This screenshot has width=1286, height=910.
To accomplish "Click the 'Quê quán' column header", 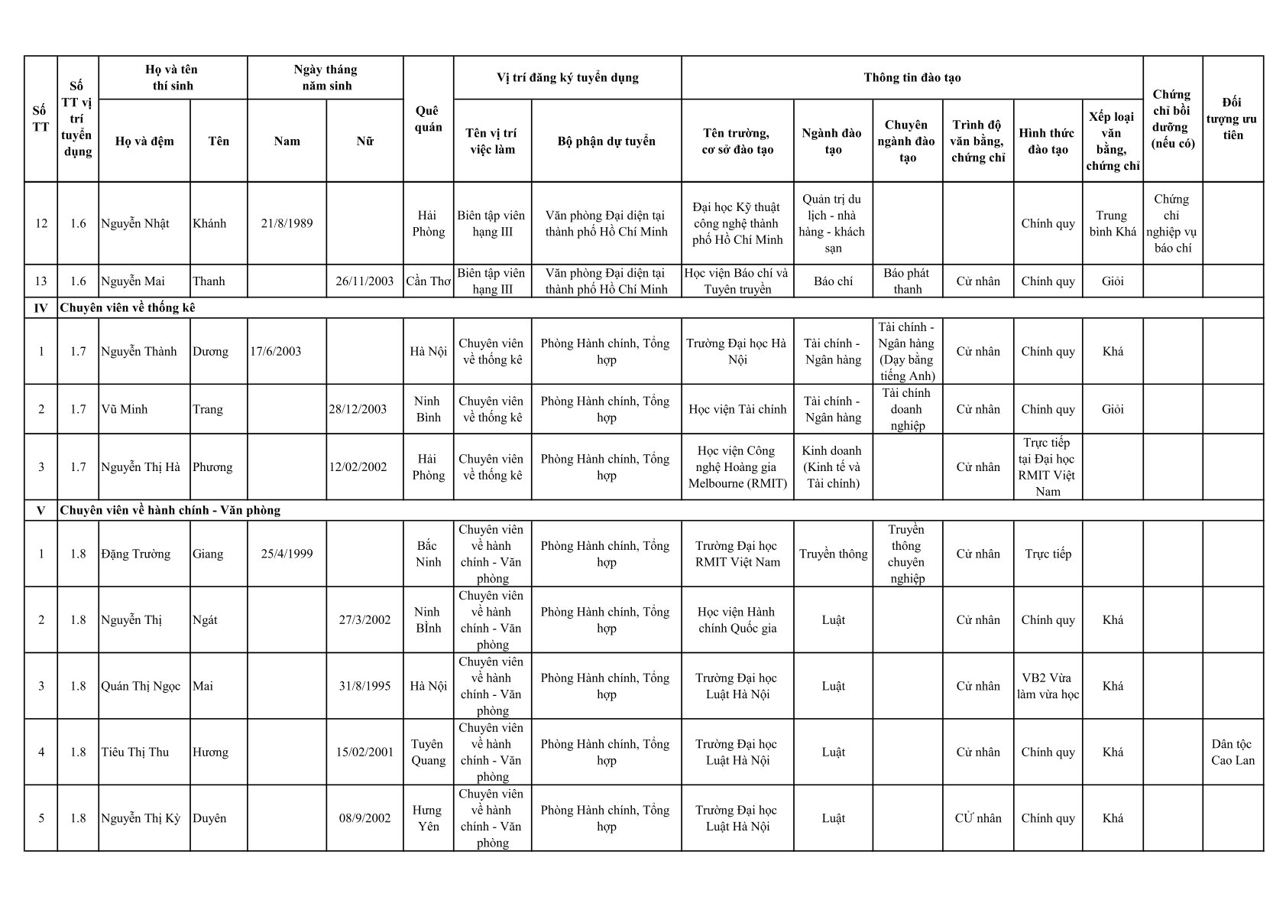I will coord(428,119).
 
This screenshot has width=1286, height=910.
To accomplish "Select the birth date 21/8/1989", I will coord(287,223).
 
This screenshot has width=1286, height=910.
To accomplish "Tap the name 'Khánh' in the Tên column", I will coord(209,223).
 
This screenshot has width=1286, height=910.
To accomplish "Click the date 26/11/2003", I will coord(364,281).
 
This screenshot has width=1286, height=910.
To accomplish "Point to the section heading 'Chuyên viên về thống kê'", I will coord(128,308).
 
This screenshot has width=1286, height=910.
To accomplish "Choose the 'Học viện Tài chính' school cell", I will coord(737,409).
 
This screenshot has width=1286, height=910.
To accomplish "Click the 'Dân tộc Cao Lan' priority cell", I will coord(1233,752).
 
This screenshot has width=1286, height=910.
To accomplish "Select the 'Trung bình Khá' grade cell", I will coord(1113,223).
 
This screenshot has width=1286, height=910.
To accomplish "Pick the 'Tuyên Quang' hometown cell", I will coord(428,752).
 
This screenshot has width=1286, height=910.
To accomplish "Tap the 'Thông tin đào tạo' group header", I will coord(912,77).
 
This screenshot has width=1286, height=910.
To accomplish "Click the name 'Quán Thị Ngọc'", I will coord(141,686).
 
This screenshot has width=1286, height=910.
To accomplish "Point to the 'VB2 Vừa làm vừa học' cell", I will coord(1048,686).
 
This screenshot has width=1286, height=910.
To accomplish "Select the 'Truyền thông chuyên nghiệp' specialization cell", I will coord(907,554).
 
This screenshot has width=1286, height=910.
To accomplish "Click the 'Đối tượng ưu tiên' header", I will coord(1233,119).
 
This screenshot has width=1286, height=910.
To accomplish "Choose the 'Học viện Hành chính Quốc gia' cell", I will coord(737,620).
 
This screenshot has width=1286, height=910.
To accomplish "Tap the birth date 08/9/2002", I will coord(364,818).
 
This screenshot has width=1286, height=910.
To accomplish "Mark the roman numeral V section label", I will coord(40,510).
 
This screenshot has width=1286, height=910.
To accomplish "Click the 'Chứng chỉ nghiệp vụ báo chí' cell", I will coord(1172,223).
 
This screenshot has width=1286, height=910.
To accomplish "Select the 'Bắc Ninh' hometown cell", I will coord(428,554).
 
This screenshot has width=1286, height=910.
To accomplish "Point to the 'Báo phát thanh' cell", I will coord(907,281).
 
